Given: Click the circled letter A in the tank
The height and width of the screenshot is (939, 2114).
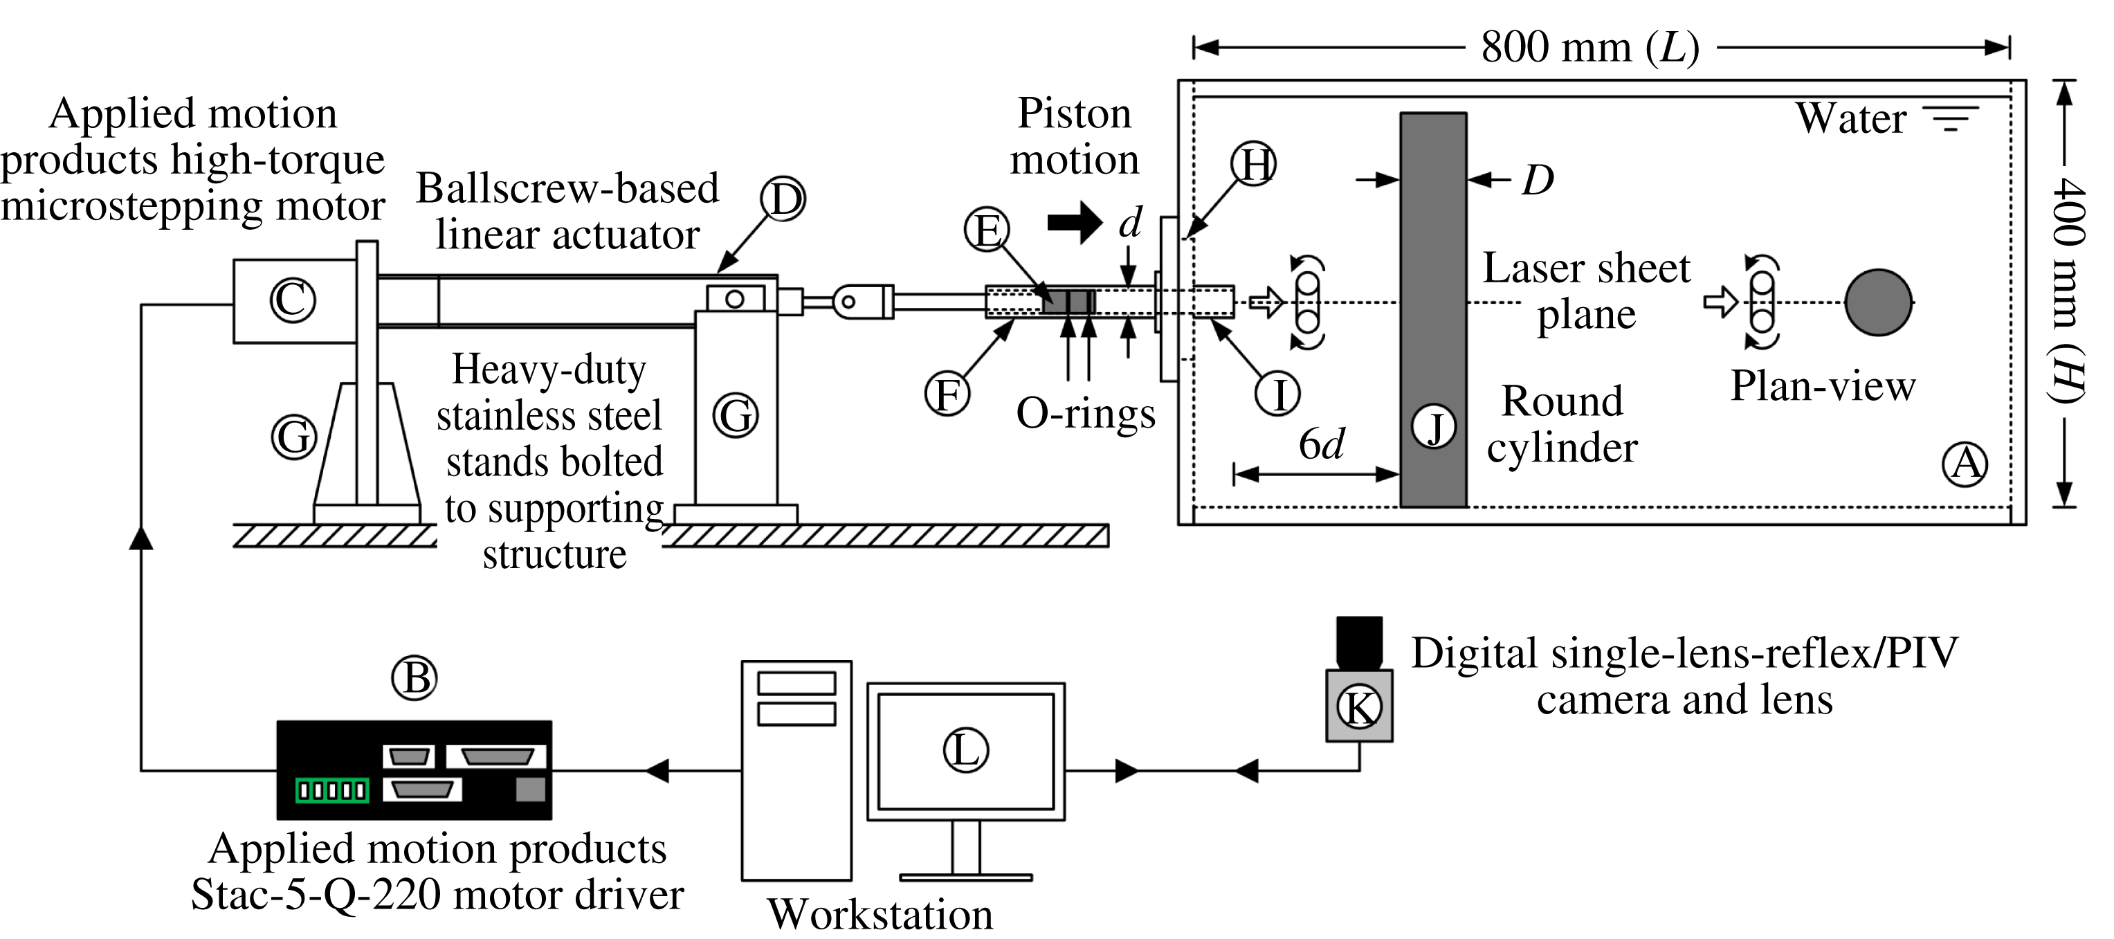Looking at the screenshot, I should (1965, 464).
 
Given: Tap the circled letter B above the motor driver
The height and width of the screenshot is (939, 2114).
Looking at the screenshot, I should (414, 678).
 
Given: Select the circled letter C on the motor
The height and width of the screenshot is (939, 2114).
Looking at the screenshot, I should (293, 300).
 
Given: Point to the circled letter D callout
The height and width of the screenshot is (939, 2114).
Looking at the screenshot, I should (782, 199).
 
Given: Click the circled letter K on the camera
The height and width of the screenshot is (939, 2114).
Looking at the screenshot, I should (1359, 706).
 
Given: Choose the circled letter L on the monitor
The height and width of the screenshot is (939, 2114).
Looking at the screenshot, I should (965, 749).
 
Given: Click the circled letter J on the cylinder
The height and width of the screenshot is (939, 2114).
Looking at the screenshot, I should (1434, 427).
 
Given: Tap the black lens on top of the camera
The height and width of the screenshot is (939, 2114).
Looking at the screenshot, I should (1359, 642).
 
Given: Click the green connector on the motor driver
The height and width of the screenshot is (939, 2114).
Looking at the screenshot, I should (332, 790).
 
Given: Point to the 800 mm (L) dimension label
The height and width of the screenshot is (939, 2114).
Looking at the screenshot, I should (1589, 48).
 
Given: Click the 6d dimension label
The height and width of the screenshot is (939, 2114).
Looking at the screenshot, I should (1321, 444).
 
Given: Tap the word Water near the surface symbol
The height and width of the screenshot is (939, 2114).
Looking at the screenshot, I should (1850, 118).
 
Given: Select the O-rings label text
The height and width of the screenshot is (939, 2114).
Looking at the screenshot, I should (1085, 413).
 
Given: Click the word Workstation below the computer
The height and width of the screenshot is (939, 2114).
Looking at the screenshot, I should (880, 914).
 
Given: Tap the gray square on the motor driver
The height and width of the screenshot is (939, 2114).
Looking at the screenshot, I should (530, 790).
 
